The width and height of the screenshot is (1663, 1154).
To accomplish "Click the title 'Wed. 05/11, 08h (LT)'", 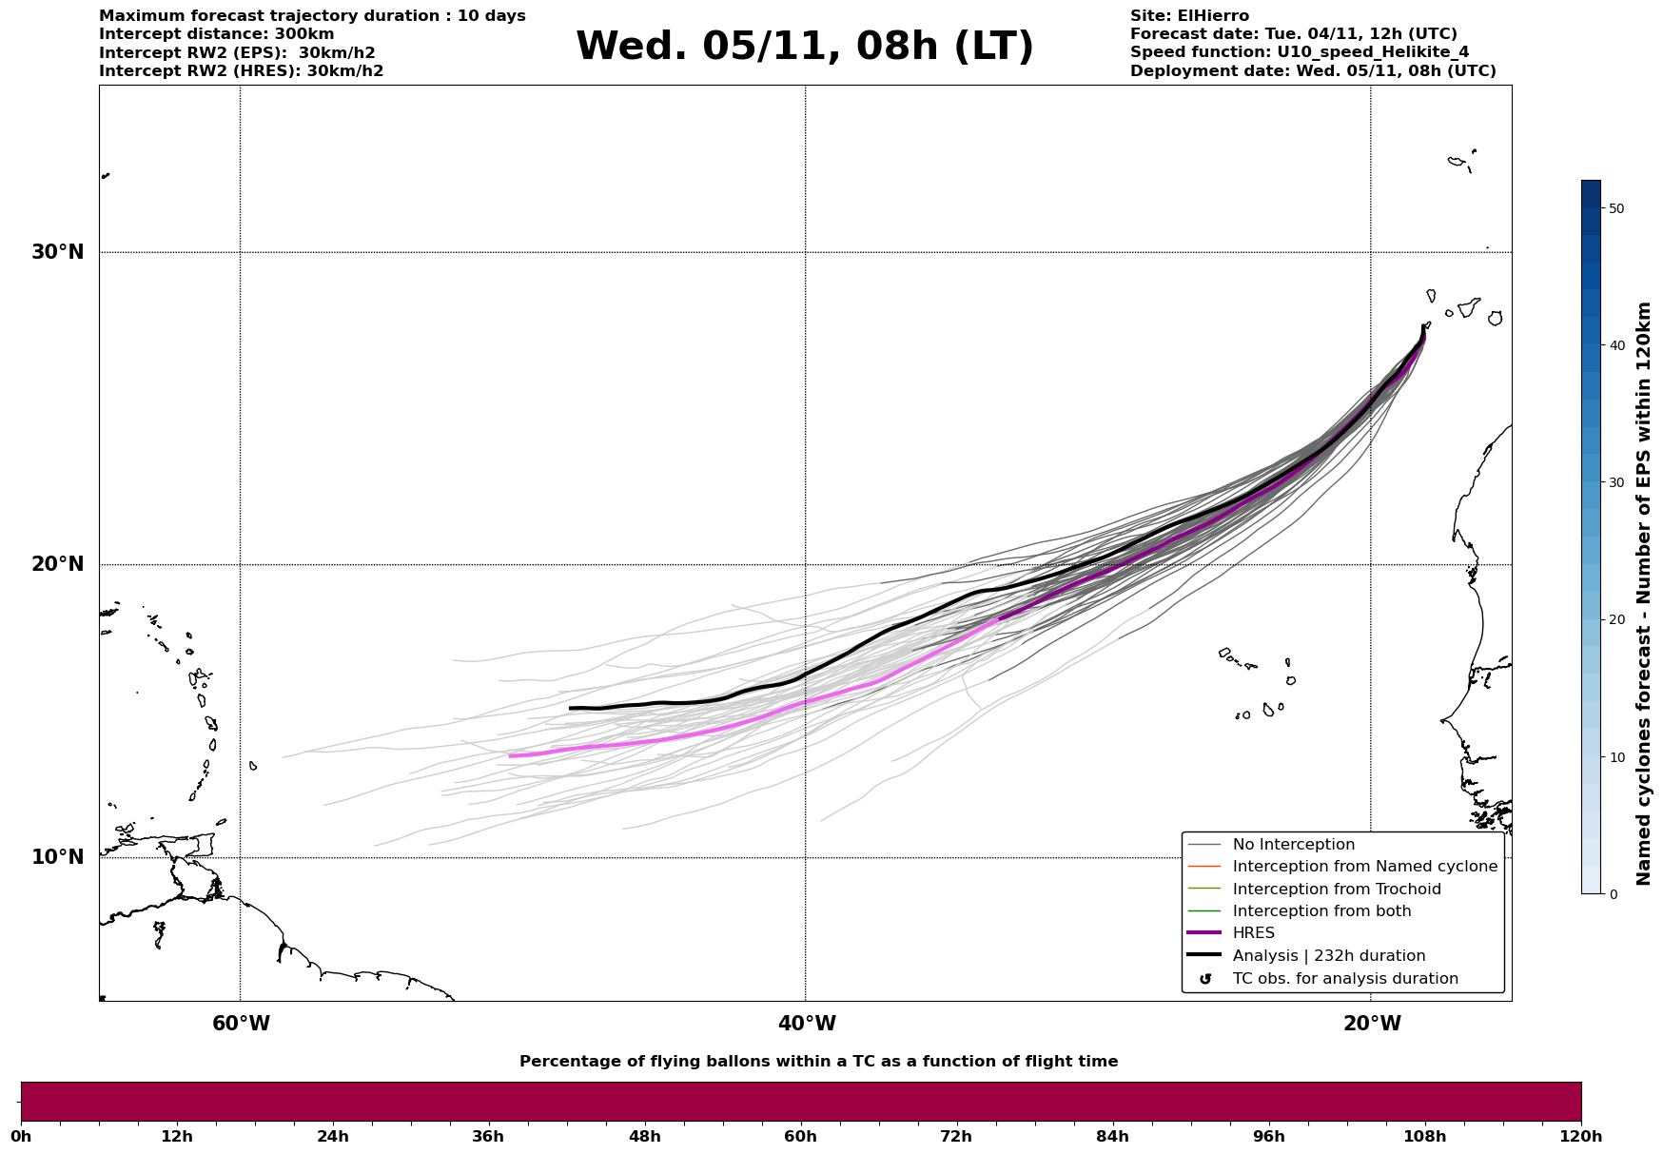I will (x=804, y=47).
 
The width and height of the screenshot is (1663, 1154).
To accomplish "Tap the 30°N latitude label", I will (x=58, y=252).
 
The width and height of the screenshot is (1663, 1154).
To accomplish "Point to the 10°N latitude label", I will (x=58, y=857).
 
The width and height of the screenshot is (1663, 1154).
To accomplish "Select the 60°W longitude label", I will (x=241, y=1024).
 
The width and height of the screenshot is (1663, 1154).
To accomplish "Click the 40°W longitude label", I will (x=807, y=1024).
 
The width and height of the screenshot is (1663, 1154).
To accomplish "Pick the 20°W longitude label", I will (x=1372, y=1024).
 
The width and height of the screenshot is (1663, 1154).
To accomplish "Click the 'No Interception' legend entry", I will (x=1293, y=845).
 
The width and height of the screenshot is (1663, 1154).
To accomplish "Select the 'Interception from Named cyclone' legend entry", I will (x=1364, y=867).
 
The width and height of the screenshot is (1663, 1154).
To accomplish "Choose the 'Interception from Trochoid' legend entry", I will (x=1336, y=890).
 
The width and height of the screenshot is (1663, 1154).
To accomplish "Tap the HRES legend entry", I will (x=1253, y=933).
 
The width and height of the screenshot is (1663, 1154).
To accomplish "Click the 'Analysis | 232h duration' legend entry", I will (x=1328, y=956).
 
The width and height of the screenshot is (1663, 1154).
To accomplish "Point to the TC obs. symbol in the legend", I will (x=1205, y=979).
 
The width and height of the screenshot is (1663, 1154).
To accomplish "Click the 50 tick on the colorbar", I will (x=1615, y=208).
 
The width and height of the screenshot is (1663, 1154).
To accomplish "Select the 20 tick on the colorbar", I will (x=1615, y=620).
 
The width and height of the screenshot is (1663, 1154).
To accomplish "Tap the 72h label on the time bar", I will (x=956, y=1137).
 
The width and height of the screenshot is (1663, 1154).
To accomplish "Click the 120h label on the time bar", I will (x=1580, y=1137).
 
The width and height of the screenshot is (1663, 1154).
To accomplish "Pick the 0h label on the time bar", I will (x=21, y=1137).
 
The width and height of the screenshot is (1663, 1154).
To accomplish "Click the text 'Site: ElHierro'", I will (x=1189, y=16).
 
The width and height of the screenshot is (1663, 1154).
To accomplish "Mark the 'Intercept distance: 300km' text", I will (x=216, y=34).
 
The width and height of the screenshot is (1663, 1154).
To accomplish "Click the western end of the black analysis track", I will (x=571, y=708).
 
